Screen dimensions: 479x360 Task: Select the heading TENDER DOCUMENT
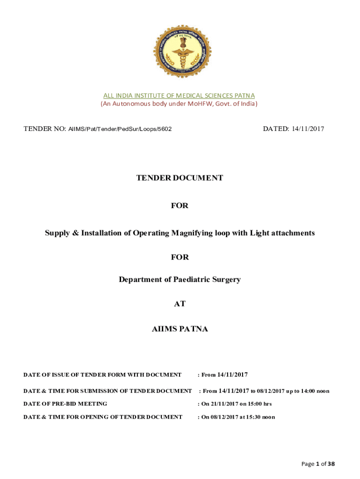(180, 178)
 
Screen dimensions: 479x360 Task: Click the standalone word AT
(180, 304)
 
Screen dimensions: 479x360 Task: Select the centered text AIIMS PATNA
(180, 329)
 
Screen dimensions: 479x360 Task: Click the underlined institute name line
(180, 95)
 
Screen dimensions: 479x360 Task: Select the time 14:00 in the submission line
(304, 391)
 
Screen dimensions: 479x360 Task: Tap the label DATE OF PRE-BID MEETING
(65, 404)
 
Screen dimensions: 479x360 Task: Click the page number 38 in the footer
(331, 464)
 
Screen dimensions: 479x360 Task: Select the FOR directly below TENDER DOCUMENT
(180, 205)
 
